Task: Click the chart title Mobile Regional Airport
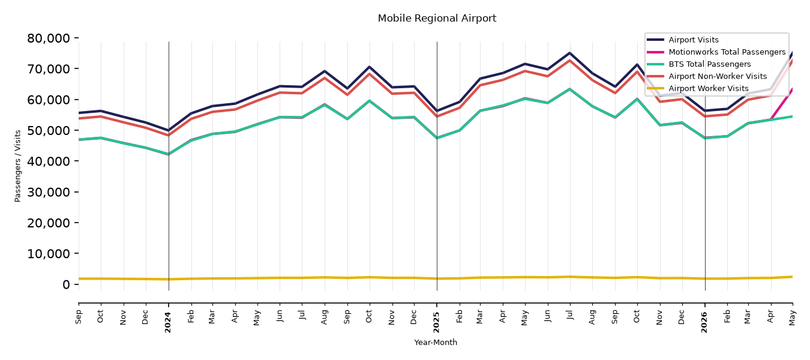tap(437, 19)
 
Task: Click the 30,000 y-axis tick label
tap(49, 192)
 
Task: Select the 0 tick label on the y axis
tap(66, 284)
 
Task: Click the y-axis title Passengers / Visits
tap(18, 166)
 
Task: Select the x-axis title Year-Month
tap(436, 342)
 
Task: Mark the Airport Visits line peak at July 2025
tap(570, 53)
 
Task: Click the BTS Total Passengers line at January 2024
tap(169, 154)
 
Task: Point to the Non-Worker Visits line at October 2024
tap(369, 74)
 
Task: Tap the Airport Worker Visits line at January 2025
tap(437, 278)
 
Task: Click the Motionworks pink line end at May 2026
tap(792, 88)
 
